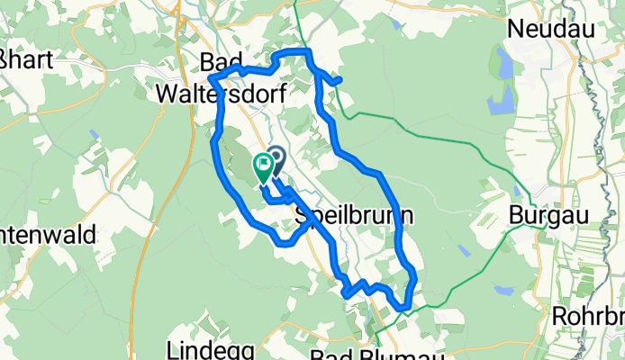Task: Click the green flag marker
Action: click(264, 165)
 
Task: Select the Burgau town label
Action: click(540, 216)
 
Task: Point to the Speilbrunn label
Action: click(355, 216)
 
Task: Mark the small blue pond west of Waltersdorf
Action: click(95, 134)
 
